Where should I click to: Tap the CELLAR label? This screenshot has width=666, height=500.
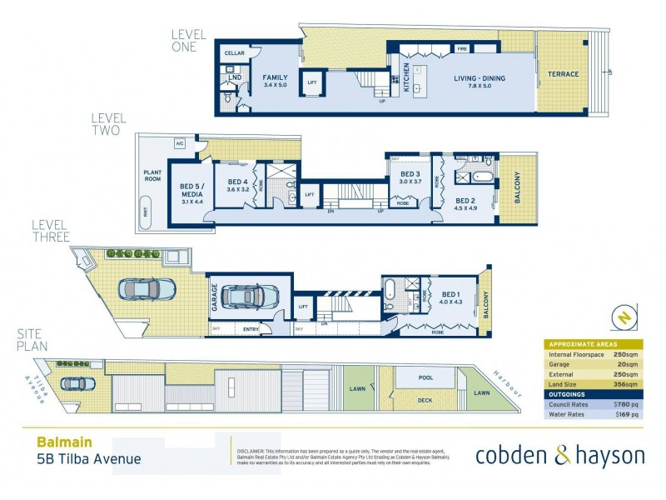(x=234, y=53)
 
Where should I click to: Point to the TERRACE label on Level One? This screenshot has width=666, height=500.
(x=563, y=74)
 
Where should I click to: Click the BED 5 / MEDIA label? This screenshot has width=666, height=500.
(x=191, y=191)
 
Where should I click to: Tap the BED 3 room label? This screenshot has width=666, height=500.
(x=411, y=176)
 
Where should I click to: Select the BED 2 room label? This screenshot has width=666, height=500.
(x=465, y=201)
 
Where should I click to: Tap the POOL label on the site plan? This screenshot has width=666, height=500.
(x=425, y=378)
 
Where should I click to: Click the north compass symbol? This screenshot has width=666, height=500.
(x=624, y=317)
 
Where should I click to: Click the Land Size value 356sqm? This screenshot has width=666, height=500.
(x=626, y=384)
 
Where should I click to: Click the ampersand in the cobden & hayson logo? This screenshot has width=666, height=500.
(x=561, y=455)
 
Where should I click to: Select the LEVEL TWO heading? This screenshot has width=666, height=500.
(x=106, y=125)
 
